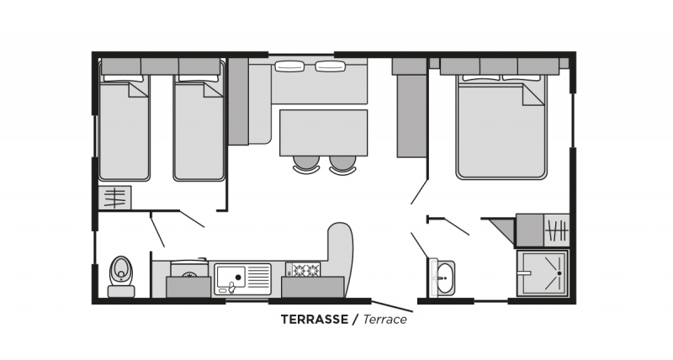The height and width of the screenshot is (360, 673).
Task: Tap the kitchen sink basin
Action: pos(231,277)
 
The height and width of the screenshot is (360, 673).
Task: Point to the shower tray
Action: pos(543,273)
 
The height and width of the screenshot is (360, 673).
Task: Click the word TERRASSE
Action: pos(315,320)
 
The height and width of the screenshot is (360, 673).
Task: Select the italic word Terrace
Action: pos(385,320)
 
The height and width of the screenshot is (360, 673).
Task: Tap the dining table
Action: pos(324,133)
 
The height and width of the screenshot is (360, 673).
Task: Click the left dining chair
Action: pos(306,164)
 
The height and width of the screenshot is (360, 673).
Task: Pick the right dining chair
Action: pos(343,164)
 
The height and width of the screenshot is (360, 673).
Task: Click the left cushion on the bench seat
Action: pos(289,66)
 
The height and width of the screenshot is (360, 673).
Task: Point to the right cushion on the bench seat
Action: pos(330,66)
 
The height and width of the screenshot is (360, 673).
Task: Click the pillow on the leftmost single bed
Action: pos(124,78)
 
